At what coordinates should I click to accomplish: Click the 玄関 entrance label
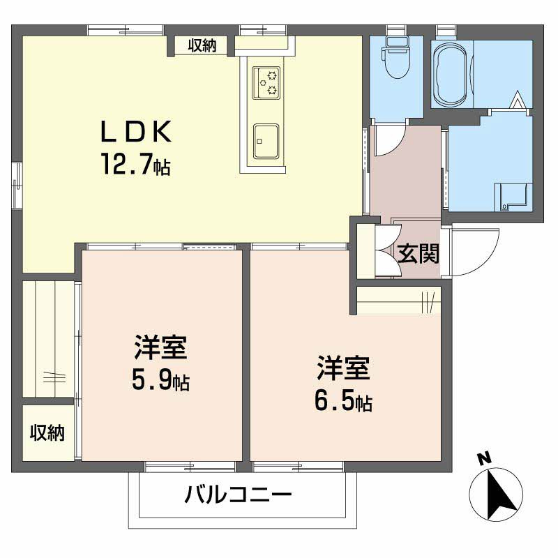[418, 254]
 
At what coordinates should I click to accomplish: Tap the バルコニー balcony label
[238, 497]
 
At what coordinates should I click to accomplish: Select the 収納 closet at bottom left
[47, 432]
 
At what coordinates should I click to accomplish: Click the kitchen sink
[266, 141]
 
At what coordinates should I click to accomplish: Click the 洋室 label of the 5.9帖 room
[161, 348]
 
